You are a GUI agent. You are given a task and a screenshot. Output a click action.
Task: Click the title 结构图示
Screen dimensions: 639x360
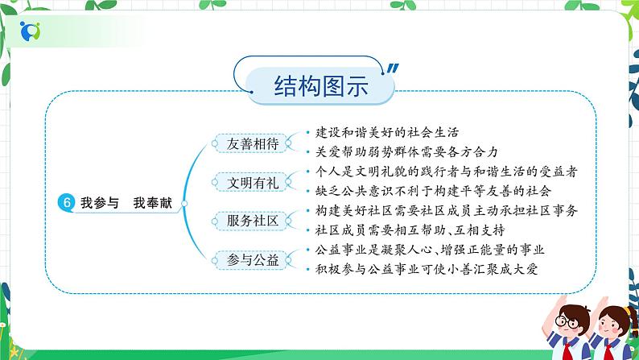coord(321,85)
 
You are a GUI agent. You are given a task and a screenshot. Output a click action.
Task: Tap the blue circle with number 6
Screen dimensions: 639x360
coord(67,202)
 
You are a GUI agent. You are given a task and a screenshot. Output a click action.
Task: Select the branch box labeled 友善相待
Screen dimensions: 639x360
coord(253,143)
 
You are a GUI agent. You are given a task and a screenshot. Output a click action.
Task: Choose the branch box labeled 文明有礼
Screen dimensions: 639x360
coord(253,183)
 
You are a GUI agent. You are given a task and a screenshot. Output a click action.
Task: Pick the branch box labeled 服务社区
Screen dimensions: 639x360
coord(253,221)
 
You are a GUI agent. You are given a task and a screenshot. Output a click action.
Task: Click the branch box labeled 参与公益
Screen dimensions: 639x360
coord(253,259)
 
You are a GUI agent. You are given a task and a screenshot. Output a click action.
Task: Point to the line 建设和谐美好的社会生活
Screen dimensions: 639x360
coord(387,132)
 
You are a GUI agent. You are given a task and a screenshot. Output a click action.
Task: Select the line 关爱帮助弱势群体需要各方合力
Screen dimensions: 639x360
coord(406,151)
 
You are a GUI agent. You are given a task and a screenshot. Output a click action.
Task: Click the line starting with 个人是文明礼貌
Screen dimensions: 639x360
coord(446,172)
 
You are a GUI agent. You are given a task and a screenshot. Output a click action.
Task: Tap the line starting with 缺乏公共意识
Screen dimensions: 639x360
coord(433,191)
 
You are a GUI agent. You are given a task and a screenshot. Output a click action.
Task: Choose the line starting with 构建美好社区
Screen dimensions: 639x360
coord(446,210)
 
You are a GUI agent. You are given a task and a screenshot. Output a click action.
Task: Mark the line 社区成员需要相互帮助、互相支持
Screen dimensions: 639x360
coord(410,230)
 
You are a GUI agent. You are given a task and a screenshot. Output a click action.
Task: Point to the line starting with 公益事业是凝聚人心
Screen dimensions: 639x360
coord(430,250)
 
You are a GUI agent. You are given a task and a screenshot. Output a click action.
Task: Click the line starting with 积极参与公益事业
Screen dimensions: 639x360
coord(427,269)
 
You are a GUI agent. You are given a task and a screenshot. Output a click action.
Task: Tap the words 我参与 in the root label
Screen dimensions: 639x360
coord(100,203)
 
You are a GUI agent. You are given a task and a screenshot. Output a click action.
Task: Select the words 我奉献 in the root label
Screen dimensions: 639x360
coord(152,203)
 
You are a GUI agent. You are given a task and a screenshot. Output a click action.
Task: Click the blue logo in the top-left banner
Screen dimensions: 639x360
coord(30,31)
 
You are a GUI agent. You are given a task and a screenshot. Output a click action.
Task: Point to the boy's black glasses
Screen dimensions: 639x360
coord(567,323)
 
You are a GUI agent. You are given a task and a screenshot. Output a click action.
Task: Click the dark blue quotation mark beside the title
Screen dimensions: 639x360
coord(392,69)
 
